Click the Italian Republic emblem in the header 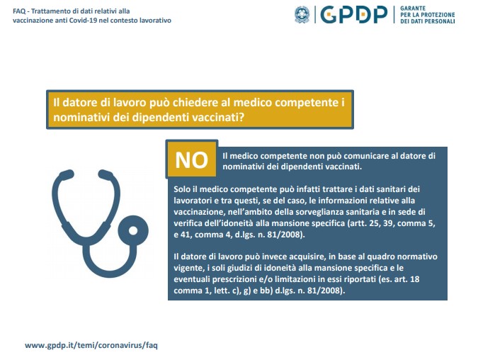[x=302, y=15]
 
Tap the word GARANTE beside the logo [x=413, y=9]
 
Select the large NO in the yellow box [x=191, y=160]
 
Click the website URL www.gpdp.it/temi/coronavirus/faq [x=91, y=345]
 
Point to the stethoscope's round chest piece [x=133, y=230]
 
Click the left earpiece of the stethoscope [x=64, y=174]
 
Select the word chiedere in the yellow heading [x=193, y=103]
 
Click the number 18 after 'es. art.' [x=415, y=279]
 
